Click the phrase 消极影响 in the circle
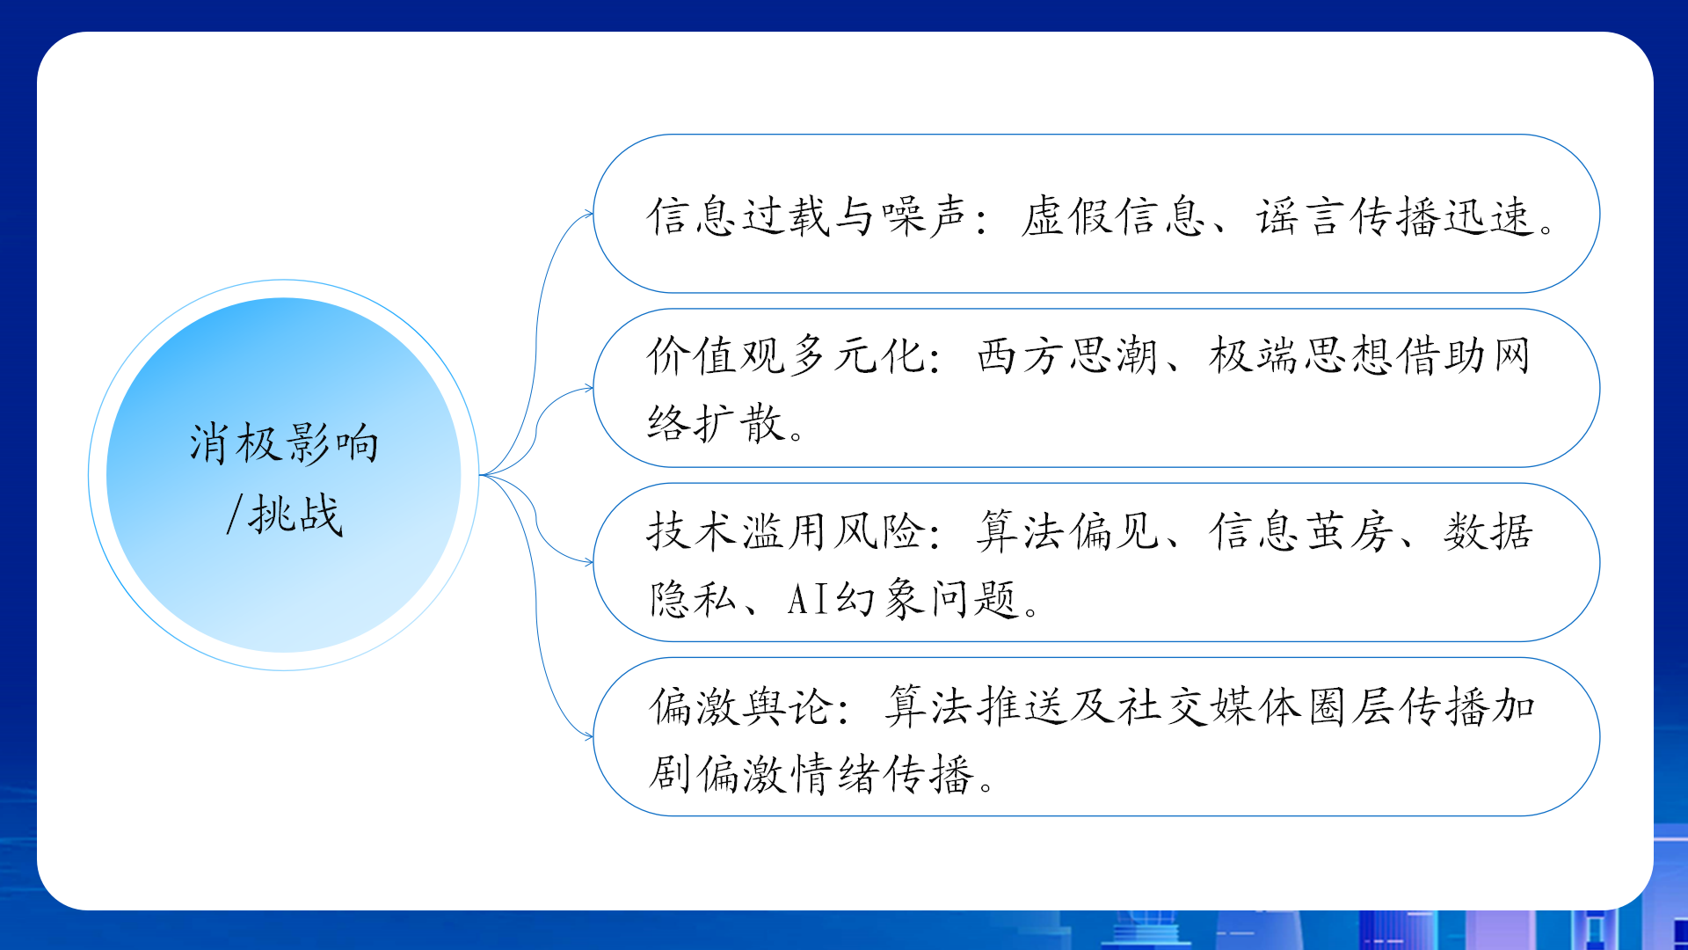click(284, 442)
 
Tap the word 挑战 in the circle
click(295, 515)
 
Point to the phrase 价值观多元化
click(786, 356)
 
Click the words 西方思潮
click(1068, 356)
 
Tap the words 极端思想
click(1301, 356)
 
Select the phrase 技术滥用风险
click(786, 531)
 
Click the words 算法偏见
click(1068, 531)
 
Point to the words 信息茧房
click(1301, 531)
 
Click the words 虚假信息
click(1113, 216)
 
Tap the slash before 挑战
click(234, 515)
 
